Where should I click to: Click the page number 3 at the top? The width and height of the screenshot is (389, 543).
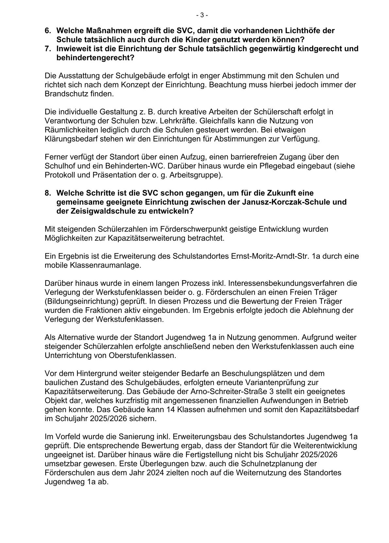click(x=202, y=15)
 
